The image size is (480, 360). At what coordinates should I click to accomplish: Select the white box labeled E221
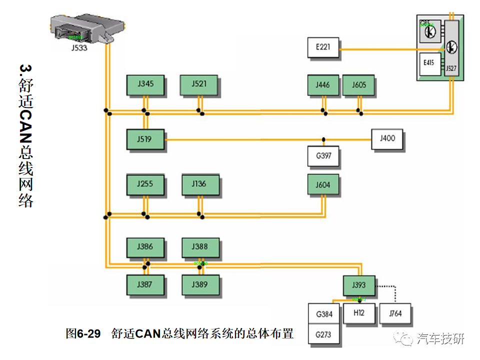click(x=323, y=48)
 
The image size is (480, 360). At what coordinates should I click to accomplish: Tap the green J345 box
click(x=145, y=84)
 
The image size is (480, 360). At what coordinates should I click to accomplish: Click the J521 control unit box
click(x=199, y=84)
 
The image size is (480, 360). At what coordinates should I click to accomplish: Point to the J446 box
click(x=323, y=85)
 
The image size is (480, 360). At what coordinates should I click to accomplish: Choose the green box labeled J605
click(x=358, y=85)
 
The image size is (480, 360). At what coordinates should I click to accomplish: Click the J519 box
click(x=145, y=138)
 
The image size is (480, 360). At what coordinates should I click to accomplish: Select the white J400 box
click(x=387, y=138)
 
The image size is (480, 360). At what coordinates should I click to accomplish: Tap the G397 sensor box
click(x=323, y=156)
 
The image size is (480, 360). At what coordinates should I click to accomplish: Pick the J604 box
click(x=323, y=185)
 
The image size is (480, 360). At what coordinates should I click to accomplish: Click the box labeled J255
click(x=145, y=184)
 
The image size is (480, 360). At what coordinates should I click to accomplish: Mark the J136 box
click(x=199, y=184)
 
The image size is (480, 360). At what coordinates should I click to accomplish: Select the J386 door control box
click(x=145, y=247)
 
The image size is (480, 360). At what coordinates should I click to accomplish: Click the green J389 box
click(x=199, y=284)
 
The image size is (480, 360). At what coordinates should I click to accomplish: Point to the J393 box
click(x=359, y=285)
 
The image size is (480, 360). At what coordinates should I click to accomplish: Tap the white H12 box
click(x=358, y=313)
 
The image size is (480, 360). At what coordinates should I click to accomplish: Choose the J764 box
click(x=395, y=314)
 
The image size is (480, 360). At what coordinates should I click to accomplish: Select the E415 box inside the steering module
click(x=429, y=63)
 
